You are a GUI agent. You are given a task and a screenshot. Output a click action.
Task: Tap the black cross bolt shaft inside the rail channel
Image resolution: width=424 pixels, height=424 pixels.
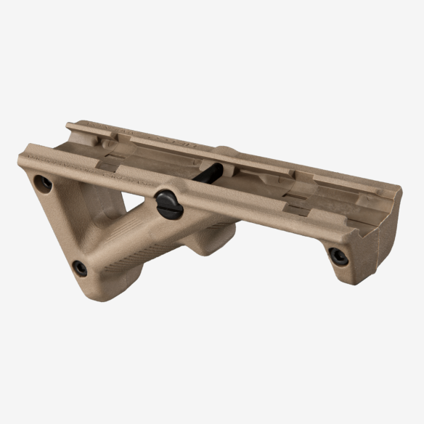click(211, 174)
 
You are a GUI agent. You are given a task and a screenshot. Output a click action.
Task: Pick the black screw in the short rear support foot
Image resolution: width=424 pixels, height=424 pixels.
click(338, 255)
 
